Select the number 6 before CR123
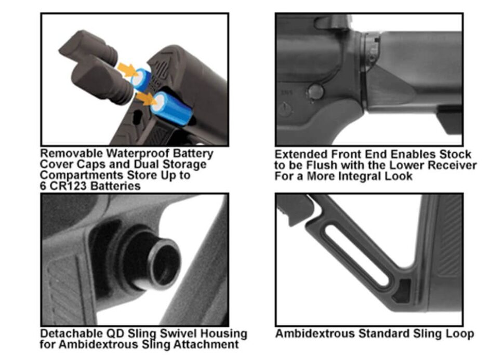(43, 186)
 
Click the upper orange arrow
(128, 70)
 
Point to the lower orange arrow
(146, 99)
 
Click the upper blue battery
(142, 79)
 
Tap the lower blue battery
(171, 108)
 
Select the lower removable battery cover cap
(101, 81)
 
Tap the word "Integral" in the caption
(351, 176)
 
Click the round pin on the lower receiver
(315, 92)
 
